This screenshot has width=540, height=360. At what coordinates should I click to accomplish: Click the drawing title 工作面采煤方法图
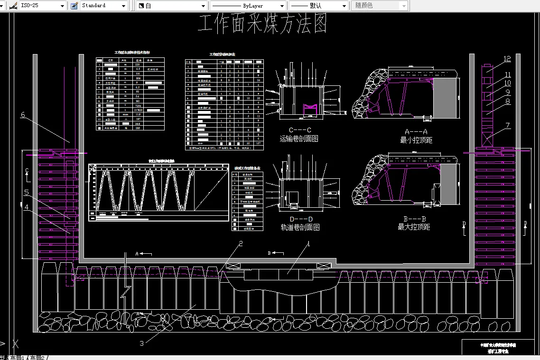point(262,24)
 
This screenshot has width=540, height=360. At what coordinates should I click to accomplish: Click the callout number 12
point(507,59)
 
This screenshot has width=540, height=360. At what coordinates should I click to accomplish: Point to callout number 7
point(508,126)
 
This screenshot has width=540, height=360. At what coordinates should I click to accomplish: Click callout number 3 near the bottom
point(141,344)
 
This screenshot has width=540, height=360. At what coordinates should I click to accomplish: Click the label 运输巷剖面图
point(299,139)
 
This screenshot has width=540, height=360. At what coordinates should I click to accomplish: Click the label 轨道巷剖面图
point(300,227)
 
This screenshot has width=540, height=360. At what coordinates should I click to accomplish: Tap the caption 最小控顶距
point(416,140)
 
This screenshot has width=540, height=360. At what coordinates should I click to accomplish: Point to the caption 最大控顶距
point(414,227)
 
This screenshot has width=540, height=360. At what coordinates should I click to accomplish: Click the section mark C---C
point(300,130)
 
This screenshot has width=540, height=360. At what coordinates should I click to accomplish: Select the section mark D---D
point(301,219)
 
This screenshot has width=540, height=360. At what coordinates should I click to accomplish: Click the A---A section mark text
point(416,131)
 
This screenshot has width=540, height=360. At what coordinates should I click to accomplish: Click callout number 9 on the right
point(507,92)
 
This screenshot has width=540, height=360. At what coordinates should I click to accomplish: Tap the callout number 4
point(27,207)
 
